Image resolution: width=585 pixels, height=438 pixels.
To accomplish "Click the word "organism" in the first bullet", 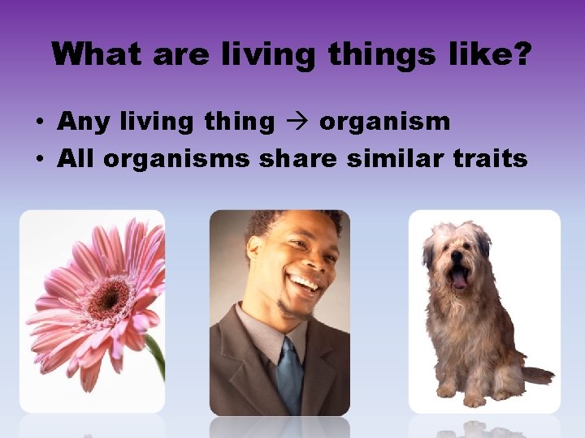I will pos(384,122).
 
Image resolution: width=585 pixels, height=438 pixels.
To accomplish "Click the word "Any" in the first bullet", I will pos(85,122).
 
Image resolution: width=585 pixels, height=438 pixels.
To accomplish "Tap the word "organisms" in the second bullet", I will pos(176,158).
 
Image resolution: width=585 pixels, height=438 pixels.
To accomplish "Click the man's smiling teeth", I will pos(304,283).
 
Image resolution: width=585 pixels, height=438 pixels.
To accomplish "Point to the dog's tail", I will pos(536,375).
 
